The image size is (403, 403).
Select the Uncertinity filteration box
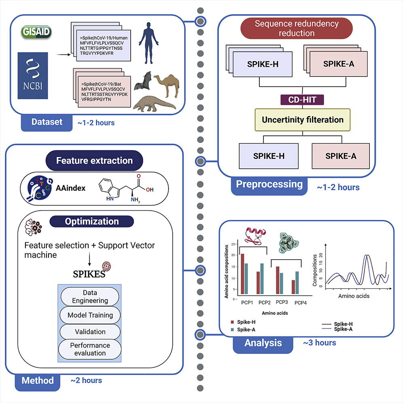click(303, 120)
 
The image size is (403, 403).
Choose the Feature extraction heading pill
click(94, 161)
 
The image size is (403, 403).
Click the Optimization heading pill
click(92, 221)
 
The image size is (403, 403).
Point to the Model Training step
click(90, 315)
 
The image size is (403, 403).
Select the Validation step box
click(90, 332)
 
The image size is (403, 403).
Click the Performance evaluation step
click(90, 349)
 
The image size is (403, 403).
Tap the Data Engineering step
click(90, 297)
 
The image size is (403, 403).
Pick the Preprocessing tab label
click(269, 185)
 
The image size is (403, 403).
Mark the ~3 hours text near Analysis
click(319, 343)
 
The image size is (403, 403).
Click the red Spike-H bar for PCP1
click(242, 274)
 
